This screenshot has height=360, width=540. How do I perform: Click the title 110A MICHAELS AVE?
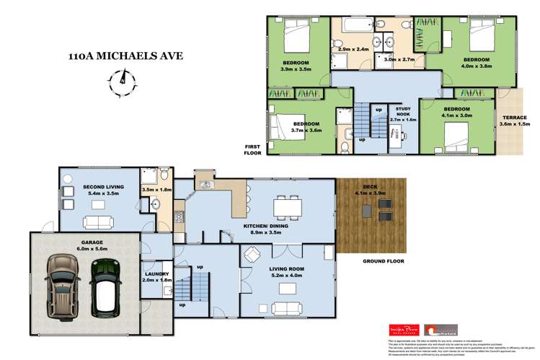pos(125,55)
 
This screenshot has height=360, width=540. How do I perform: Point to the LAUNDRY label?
pos(156,274)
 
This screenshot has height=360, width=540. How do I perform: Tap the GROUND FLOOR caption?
pos(384,261)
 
